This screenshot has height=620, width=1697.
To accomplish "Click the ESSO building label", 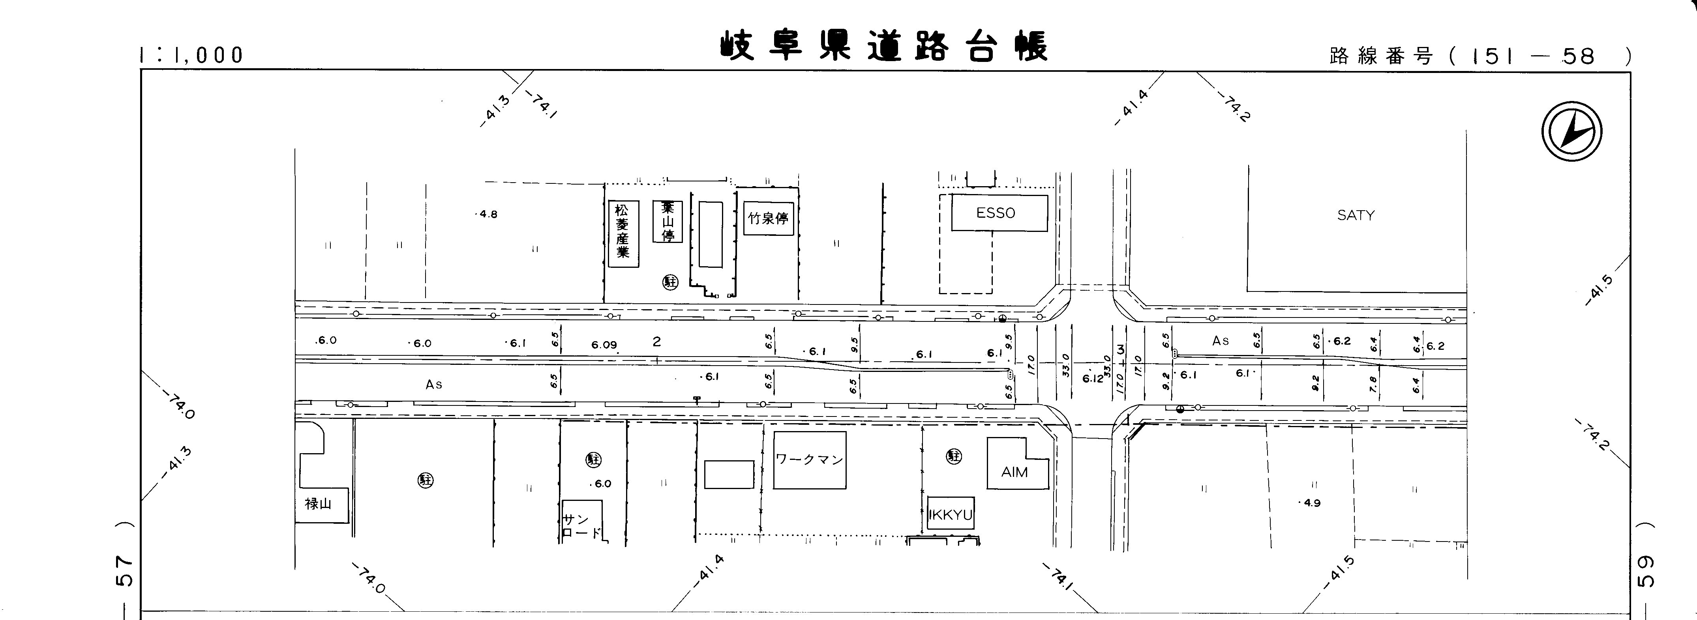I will [x=996, y=213].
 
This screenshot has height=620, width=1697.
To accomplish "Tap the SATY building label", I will [x=1356, y=215].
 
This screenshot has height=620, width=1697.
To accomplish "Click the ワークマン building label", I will [x=809, y=459].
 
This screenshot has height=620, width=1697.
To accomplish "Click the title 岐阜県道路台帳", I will [x=883, y=46].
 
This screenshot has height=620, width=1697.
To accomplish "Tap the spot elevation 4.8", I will [x=488, y=214].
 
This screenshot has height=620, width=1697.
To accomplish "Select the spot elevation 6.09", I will [x=604, y=344].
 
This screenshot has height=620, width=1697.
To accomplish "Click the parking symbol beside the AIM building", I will [x=954, y=456].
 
